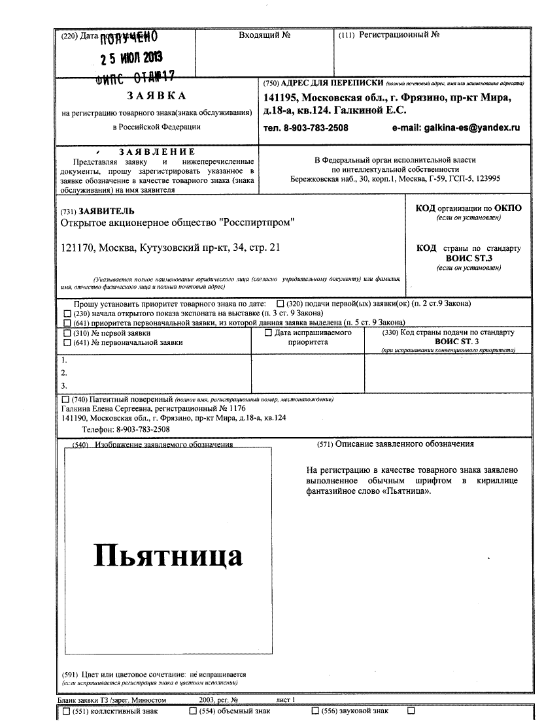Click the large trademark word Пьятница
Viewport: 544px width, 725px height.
169,555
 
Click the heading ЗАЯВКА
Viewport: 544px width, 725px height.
157,95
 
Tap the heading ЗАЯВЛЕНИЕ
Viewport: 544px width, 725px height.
157,152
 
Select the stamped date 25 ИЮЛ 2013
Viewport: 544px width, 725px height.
131,58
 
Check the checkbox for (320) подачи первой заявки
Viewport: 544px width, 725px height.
280,304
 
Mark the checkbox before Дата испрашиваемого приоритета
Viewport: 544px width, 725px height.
267,332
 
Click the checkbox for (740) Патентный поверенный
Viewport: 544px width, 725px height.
65,398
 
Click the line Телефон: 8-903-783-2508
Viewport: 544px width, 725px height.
126,429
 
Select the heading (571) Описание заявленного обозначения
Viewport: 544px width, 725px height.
396,444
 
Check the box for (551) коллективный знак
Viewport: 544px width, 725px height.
66,711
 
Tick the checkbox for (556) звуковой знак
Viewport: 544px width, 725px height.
315,711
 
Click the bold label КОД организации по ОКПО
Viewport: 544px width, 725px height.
469,208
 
